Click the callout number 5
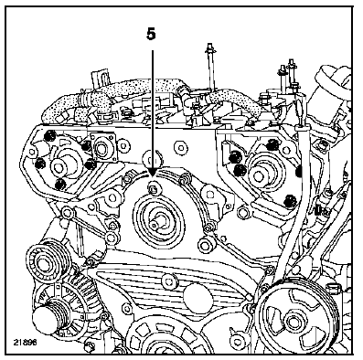coord(151,34)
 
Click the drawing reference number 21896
coord(25,342)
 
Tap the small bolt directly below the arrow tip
coord(153,189)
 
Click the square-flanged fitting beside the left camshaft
coord(102,148)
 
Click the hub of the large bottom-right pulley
coord(294,320)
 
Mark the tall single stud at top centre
coord(211,66)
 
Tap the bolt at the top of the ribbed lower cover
coord(169,281)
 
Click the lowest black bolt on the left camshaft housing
coord(60,184)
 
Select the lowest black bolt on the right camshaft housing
coord(290,202)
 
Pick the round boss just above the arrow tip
coord(153,158)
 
